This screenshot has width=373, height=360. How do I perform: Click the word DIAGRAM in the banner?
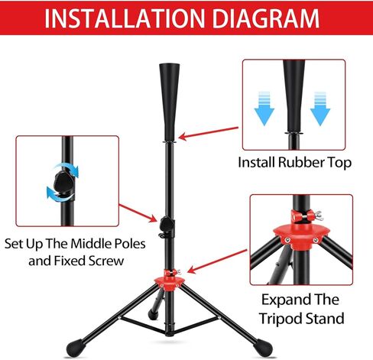[x=265, y=19]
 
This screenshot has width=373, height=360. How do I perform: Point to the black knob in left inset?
[x=59, y=186]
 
